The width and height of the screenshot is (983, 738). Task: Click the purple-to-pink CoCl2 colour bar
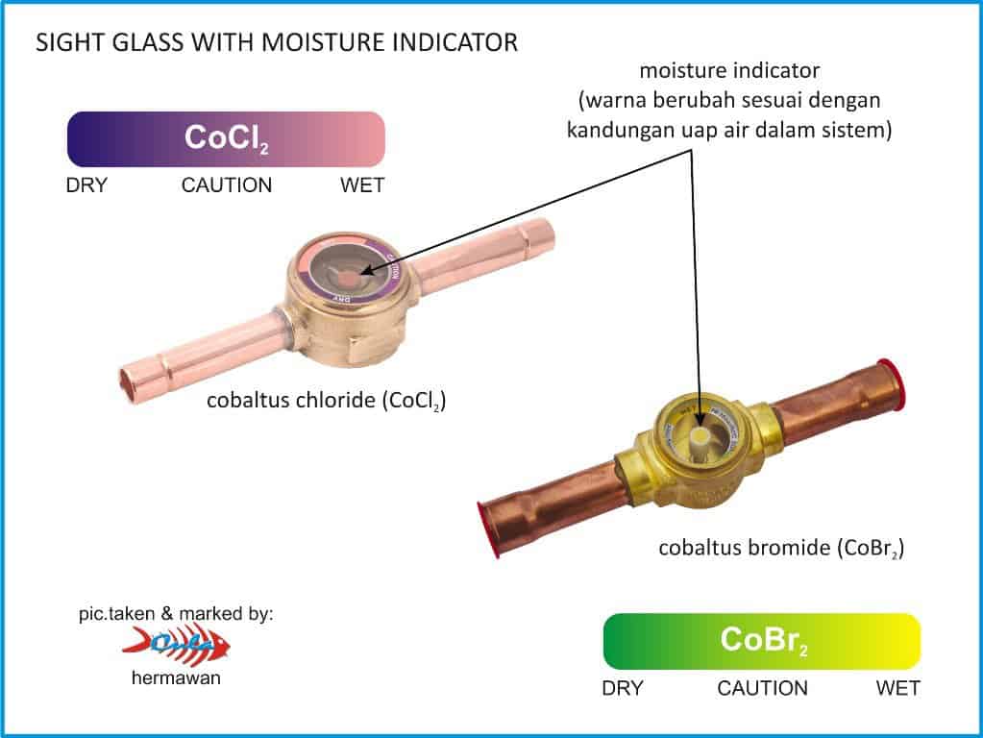226,139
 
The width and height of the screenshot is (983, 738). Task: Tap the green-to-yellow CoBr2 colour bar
762,641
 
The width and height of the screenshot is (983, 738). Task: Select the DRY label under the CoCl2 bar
86,184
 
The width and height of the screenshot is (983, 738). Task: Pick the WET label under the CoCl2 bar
362,184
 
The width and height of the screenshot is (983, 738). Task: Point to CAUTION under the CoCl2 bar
227,184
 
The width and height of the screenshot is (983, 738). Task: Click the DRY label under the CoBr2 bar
623,688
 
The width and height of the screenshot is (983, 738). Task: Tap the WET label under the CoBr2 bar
898,688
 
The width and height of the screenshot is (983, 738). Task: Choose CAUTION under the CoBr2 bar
763,688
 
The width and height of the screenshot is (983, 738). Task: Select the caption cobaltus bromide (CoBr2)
780,549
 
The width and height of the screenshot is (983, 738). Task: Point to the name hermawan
177,677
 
